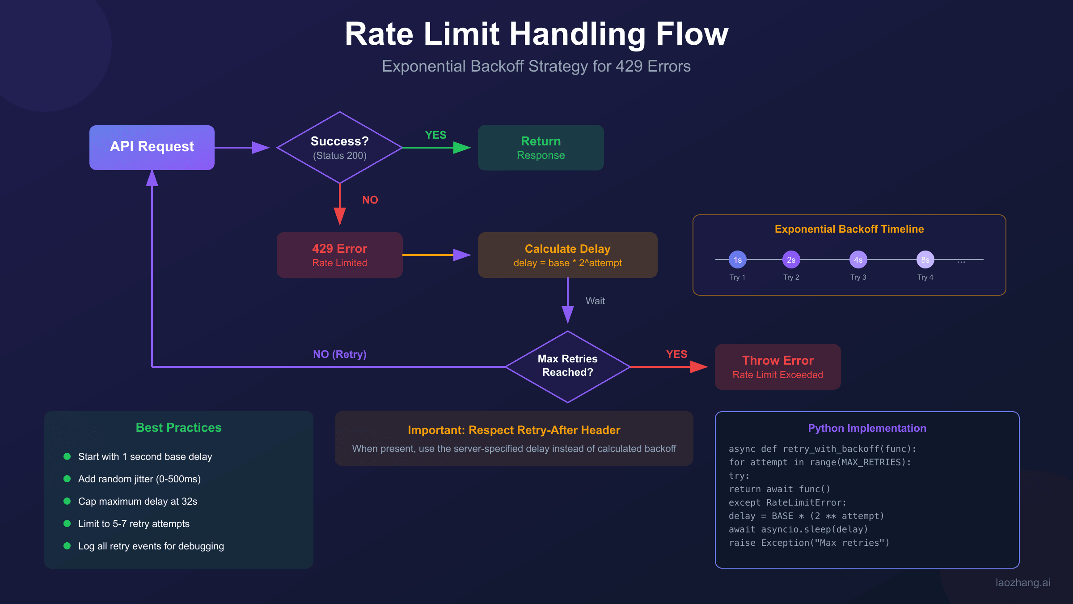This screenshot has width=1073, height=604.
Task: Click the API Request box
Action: tap(152, 147)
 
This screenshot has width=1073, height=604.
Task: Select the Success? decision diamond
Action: tap(340, 148)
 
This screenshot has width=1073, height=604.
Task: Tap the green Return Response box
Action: tap(541, 148)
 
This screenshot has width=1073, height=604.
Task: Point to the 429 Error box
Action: tap(340, 255)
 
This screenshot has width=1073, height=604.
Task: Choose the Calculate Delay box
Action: tap(567, 255)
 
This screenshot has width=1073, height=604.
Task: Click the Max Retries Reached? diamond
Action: tap(567, 366)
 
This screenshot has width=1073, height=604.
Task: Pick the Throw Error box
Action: tap(777, 367)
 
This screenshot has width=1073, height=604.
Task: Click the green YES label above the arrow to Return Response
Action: tap(435, 135)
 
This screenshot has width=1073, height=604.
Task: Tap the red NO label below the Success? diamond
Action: tap(370, 200)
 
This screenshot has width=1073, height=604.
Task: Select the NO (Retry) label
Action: tap(339, 354)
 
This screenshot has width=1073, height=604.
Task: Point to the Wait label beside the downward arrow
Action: tap(595, 301)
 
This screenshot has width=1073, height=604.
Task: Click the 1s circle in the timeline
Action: tap(738, 259)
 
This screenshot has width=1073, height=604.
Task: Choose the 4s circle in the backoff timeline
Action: tap(858, 259)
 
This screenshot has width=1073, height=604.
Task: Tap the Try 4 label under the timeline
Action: tap(925, 277)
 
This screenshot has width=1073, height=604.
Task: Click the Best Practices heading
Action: tap(178, 428)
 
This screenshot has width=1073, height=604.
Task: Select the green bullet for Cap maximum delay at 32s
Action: tap(67, 501)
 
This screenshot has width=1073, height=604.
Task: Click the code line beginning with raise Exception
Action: tap(809, 543)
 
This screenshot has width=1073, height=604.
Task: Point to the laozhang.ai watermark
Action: tap(1022, 583)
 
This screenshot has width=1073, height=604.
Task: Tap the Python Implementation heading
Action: tap(867, 428)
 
